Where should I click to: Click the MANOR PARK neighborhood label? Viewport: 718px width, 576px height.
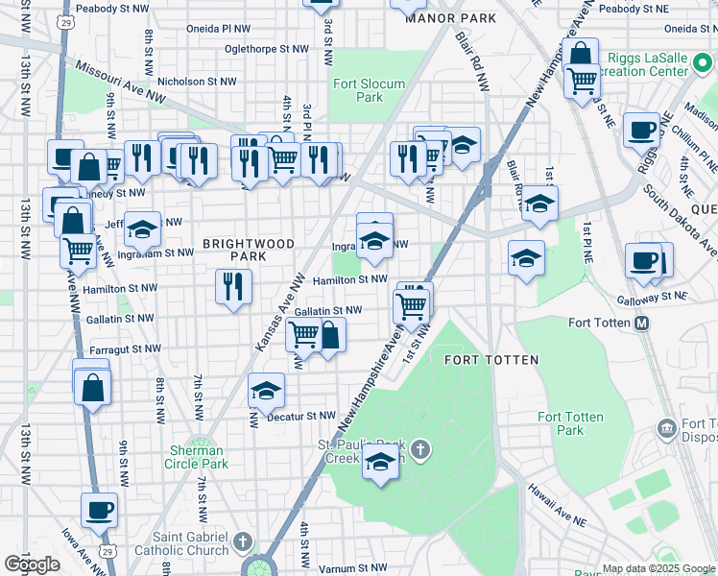(x=450, y=18)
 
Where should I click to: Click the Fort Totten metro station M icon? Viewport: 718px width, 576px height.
(x=641, y=324)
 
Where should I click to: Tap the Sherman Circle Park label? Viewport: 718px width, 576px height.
(x=198, y=457)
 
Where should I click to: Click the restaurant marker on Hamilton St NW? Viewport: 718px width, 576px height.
(x=233, y=286)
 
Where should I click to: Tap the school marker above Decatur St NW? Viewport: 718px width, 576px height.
(x=266, y=390)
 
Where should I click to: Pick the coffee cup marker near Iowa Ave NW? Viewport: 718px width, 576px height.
(x=99, y=510)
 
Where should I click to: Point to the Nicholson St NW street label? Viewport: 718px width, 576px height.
(x=197, y=82)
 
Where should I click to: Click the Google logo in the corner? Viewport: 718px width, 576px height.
(x=32, y=564)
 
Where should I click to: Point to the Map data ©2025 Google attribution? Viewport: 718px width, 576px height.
(x=658, y=568)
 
